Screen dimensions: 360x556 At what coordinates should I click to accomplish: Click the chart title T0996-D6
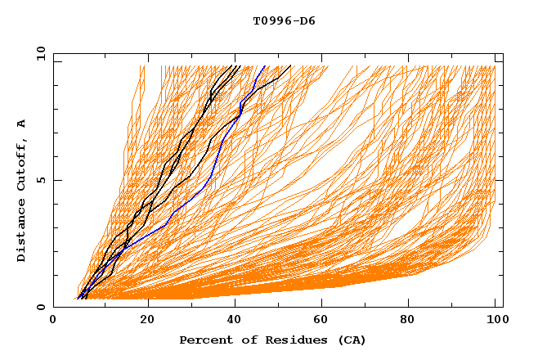(284, 20)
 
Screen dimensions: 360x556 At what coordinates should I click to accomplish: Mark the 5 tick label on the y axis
(40, 180)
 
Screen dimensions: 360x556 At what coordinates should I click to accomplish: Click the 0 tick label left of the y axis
(40, 307)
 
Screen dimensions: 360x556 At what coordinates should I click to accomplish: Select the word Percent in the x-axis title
(204, 340)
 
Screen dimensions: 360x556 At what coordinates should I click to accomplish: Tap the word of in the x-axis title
(242, 340)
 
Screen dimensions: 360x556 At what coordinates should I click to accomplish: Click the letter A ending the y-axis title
(22, 124)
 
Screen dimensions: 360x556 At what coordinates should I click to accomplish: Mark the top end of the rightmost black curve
(290, 65)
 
